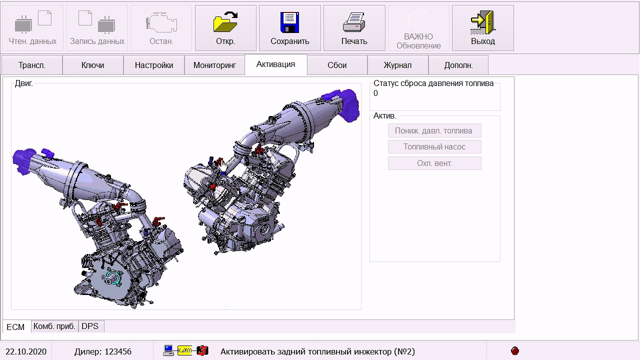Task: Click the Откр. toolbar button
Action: [225, 28]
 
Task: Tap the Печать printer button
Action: [354, 28]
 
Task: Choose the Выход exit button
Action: [483, 28]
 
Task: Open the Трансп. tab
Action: [32, 65]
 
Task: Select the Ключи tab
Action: [93, 65]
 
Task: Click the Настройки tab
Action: [154, 65]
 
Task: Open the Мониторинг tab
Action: [214, 65]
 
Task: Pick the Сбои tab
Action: [337, 65]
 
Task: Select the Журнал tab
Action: [397, 65]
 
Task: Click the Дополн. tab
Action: [458, 65]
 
